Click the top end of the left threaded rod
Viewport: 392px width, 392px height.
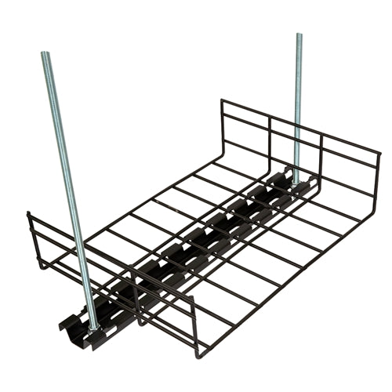(45, 54)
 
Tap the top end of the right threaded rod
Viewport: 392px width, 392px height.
(299, 35)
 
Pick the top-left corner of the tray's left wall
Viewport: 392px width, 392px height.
(28, 213)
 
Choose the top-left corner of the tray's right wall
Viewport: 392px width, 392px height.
(221, 100)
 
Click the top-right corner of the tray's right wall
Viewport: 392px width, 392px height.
(379, 153)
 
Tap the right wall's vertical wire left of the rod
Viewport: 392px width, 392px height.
(270, 145)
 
